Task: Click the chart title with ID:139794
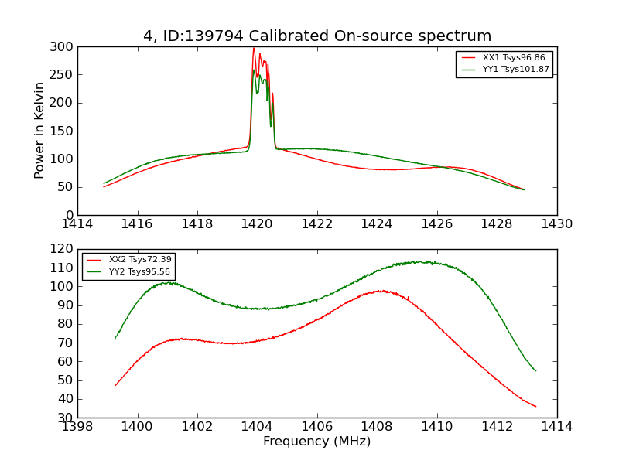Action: click(317, 36)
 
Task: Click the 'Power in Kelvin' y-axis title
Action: click(39, 131)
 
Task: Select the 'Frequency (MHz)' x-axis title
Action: click(317, 442)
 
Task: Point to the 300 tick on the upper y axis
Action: click(63, 46)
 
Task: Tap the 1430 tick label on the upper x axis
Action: click(557, 224)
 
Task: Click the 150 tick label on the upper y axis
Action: click(63, 131)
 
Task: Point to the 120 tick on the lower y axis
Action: click(63, 249)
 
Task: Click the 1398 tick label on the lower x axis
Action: click(77, 427)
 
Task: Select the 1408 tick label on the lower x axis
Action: click(378, 427)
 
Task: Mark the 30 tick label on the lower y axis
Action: click(67, 418)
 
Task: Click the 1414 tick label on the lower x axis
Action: click(557, 427)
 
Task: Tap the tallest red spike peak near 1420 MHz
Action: click(254, 48)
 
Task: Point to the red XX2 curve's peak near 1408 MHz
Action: click(381, 291)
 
